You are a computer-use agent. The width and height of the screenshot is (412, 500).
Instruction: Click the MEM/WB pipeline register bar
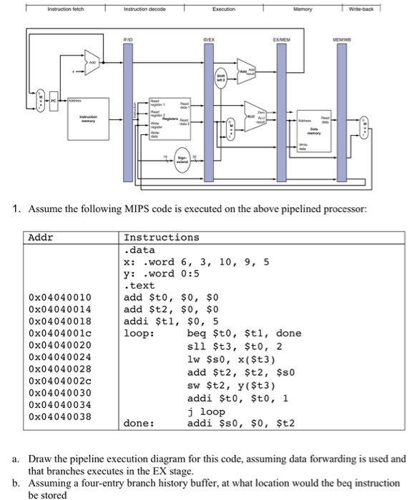(341, 107)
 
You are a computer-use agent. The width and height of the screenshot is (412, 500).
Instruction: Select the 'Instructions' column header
(162, 236)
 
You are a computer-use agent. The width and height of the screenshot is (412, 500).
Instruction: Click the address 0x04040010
(59, 296)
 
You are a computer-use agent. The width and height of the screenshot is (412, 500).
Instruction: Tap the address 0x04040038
(59, 416)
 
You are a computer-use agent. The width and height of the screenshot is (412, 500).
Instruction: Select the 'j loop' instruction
(207, 411)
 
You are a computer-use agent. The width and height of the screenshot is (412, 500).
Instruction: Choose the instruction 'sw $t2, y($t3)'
(231, 386)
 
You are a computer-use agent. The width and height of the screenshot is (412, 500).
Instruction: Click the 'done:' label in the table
(139, 424)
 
